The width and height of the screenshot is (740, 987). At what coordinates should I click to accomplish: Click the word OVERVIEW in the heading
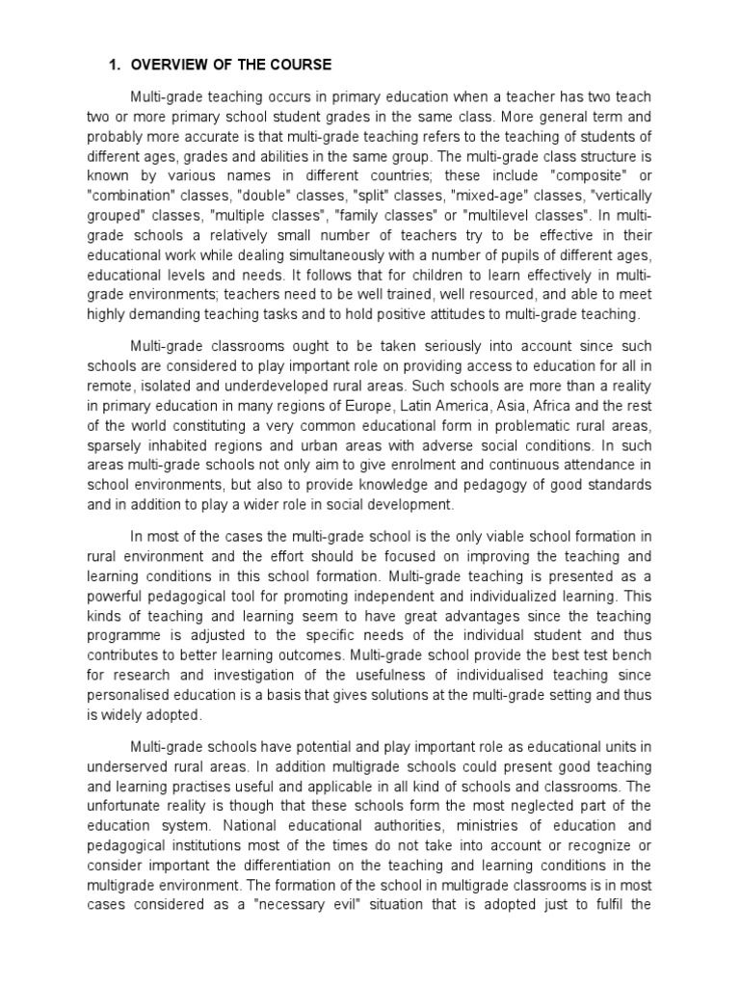[x=172, y=65]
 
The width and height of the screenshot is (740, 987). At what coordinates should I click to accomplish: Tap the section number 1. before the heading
[x=112, y=65]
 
